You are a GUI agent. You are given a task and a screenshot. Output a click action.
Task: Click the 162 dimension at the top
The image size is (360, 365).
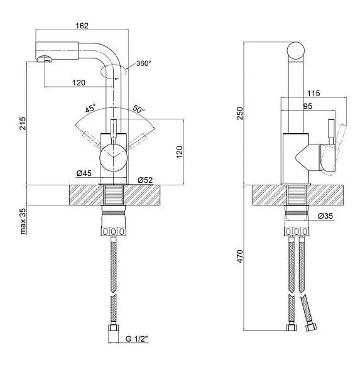(x=82, y=25)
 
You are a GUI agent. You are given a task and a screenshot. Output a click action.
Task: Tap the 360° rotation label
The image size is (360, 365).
(x=143, y=63)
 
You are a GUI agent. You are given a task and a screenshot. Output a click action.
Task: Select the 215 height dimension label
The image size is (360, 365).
(x=23, y=123)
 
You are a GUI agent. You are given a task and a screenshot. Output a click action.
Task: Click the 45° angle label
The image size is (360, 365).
(x=90, y=108)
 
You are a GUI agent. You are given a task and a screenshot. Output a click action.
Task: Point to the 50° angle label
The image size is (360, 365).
(x=139, y=109)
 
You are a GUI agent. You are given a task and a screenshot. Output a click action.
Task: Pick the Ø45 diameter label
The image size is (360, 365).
(x=84, y=173)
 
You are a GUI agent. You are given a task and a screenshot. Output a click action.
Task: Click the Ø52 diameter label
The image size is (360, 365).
(x=145, y=180)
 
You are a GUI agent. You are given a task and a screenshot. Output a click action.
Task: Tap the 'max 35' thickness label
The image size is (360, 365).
(x=23, y=221)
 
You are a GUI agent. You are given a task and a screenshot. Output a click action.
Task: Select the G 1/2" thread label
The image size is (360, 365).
(x=137, y=339)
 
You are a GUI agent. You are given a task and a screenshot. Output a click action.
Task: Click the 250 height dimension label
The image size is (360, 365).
(x=240, y=114)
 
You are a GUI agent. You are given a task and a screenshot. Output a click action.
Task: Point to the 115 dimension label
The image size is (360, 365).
(x=314, y=94)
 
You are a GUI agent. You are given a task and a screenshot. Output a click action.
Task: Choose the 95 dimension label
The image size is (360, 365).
(x=308, y=106)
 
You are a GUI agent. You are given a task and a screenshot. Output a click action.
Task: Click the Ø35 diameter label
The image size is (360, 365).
(x=325, y=215)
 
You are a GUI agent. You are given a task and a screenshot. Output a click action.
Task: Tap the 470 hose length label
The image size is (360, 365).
(x=240, y=256)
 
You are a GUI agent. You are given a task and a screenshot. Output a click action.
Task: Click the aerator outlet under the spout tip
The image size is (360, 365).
(x=45, y=59)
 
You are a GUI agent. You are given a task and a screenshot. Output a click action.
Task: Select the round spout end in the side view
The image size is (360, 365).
(x=296, y=50)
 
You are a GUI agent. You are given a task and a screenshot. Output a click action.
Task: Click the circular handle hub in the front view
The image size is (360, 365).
(x=113, y=158)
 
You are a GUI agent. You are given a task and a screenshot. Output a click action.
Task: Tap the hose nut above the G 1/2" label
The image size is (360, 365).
(x=113, y=328)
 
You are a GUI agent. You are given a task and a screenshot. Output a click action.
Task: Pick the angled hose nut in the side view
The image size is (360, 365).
(x=311, y=327)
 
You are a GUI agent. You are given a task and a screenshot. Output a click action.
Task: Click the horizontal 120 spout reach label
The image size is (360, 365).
(x=79, y=83)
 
